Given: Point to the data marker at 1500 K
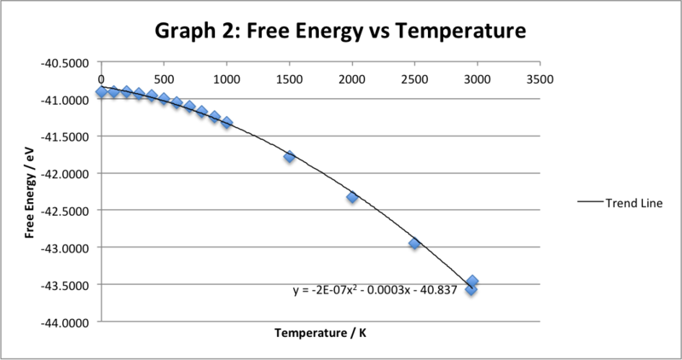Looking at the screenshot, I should pos(289,156).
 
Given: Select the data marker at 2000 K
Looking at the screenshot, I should pos(352,197).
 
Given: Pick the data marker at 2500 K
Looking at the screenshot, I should pos(414,243).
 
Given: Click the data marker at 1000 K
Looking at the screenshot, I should pos(227,123).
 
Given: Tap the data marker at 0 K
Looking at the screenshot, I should pos(101,91).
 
